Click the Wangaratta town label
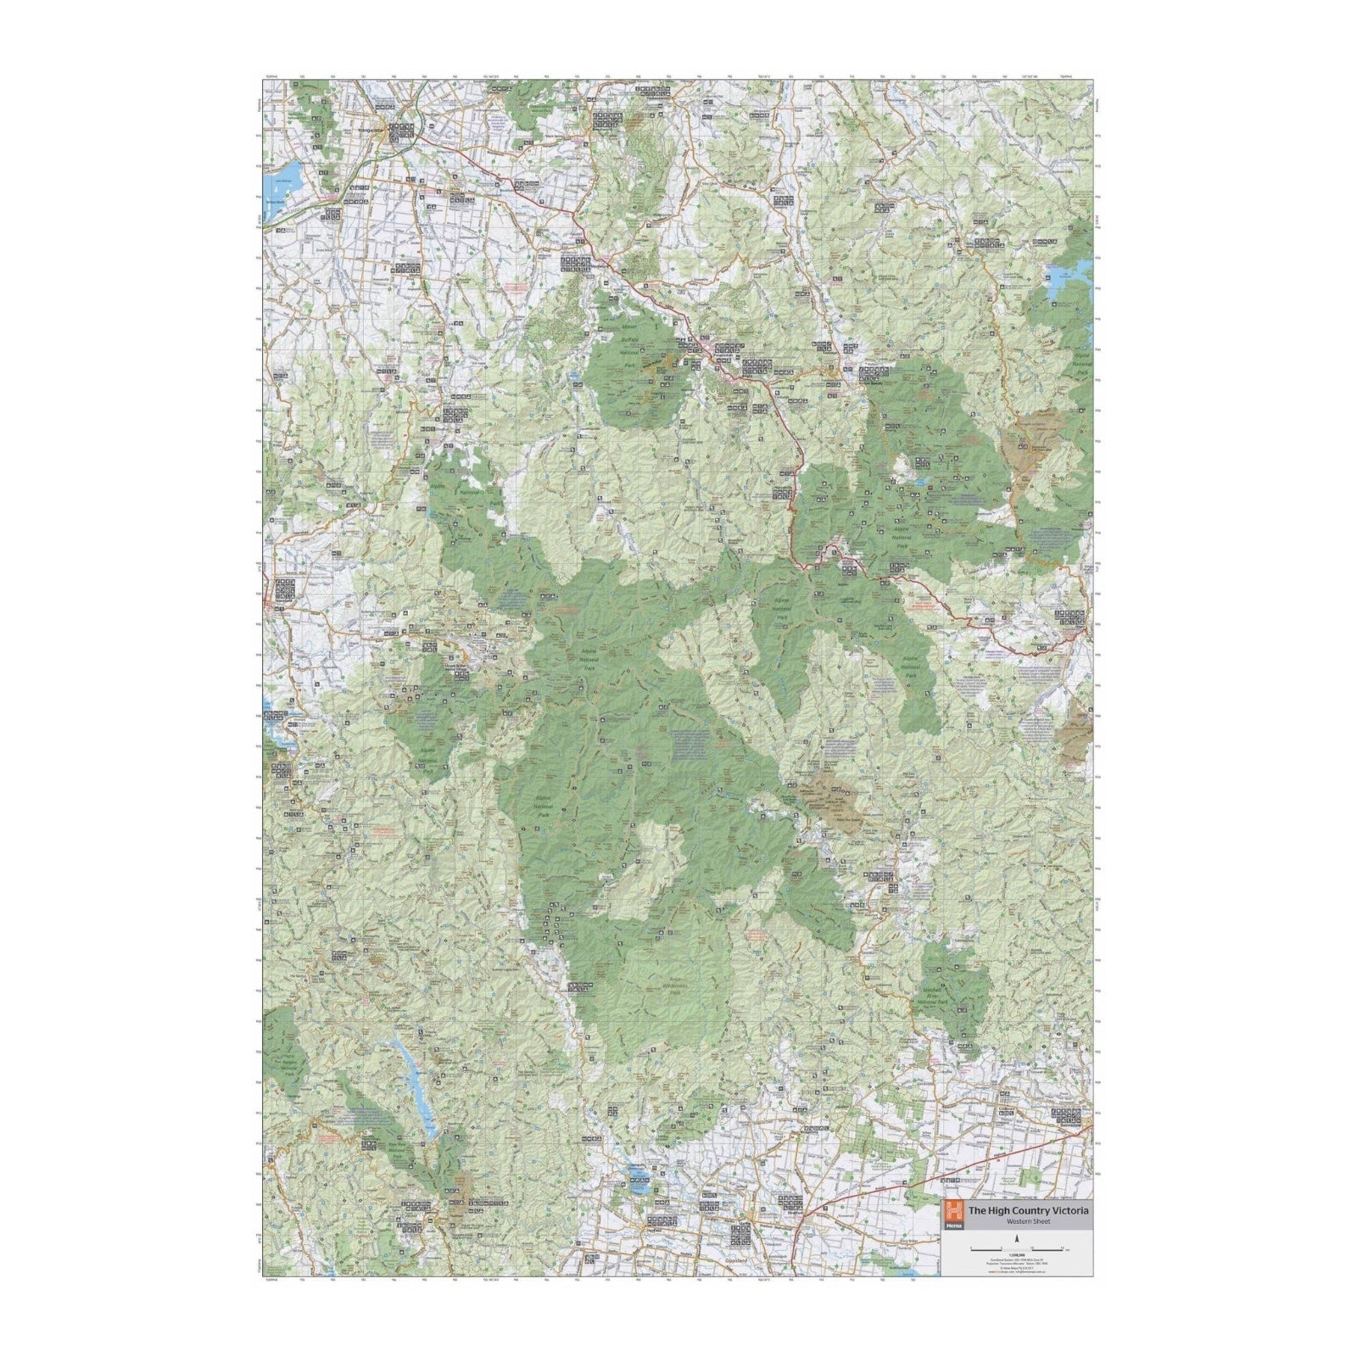click(371, 130)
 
